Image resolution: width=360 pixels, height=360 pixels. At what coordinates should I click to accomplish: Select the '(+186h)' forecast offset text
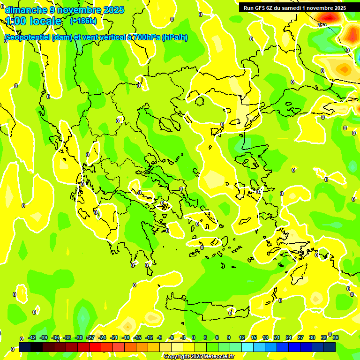(83, 21)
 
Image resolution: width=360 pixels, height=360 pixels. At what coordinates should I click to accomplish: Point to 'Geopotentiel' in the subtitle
(27, 37)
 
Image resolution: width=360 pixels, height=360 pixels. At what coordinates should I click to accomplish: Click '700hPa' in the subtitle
(144, 37)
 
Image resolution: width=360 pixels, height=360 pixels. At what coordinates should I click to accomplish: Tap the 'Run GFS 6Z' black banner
(293, 7)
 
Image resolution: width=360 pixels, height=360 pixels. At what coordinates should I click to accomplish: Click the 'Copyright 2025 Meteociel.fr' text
(199, 357)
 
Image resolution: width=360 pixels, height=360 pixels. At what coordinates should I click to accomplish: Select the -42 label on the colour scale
(32, 338)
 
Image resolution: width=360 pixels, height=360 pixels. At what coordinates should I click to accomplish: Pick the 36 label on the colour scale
(336, 338)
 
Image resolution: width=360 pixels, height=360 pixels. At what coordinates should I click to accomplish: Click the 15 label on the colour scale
(254, 338)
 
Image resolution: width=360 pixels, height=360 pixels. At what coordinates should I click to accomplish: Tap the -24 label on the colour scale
(102, 338)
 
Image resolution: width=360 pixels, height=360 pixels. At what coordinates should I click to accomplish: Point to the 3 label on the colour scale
(205, 338)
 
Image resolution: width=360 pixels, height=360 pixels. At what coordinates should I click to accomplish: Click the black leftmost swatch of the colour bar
(25, 347)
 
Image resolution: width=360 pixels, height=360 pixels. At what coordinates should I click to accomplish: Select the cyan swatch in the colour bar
(259, 347)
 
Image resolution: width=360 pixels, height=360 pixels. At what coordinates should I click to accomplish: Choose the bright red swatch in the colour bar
(95, 347)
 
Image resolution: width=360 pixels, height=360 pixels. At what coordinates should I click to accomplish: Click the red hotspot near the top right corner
(329, 17)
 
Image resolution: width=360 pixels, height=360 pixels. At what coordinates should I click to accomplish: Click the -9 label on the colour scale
(159, 338)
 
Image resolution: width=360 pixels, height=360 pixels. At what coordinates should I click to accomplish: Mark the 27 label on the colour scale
(300, 338)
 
